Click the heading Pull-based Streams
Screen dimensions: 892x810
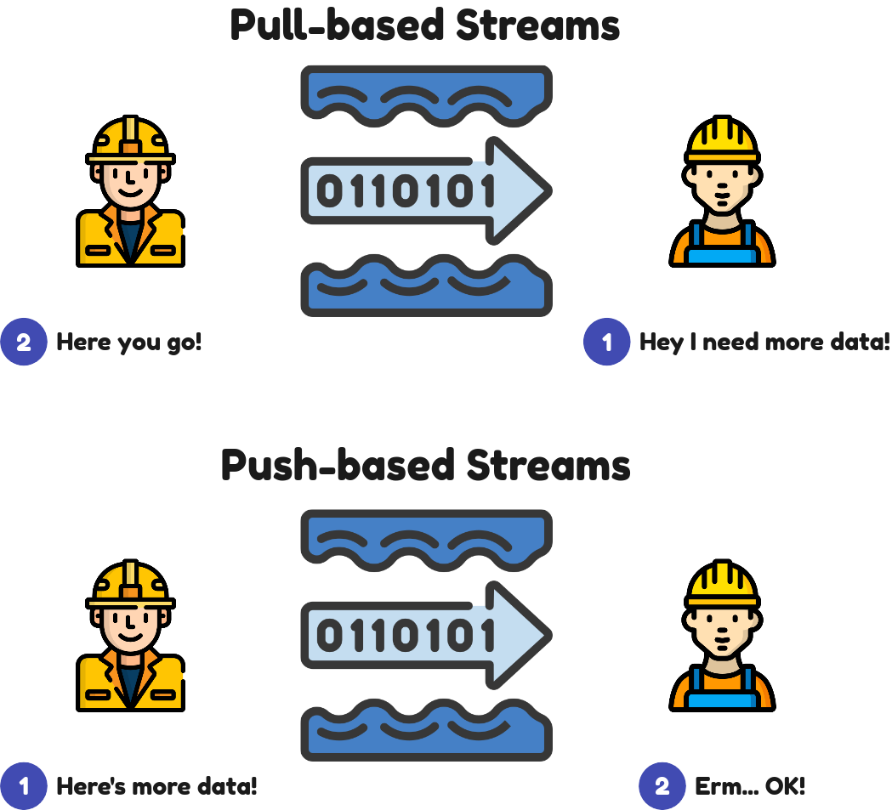pos(425,25)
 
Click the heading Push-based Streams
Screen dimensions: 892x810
pos(425,466)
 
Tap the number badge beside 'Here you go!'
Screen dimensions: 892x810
pos(24,343)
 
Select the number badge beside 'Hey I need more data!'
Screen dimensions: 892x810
pos(606,343)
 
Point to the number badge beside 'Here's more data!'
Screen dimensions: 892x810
pos(24,786)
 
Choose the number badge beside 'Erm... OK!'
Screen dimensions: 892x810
pos(662,786)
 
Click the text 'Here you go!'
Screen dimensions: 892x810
pos(129,343)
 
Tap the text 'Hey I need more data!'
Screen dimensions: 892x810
pos(764,343)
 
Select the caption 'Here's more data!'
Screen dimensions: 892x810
pos(156,786)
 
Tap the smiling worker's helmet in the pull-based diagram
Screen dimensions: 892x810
pos(131,140)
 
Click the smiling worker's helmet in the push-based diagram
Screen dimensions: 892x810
pos(131,584)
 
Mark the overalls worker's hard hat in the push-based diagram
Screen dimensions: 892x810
pos(722,583)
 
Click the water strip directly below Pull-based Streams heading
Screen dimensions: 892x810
pos(426,93)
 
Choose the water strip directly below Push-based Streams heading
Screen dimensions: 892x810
pos(426,538)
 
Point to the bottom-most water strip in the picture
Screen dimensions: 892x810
pos(426,731)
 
